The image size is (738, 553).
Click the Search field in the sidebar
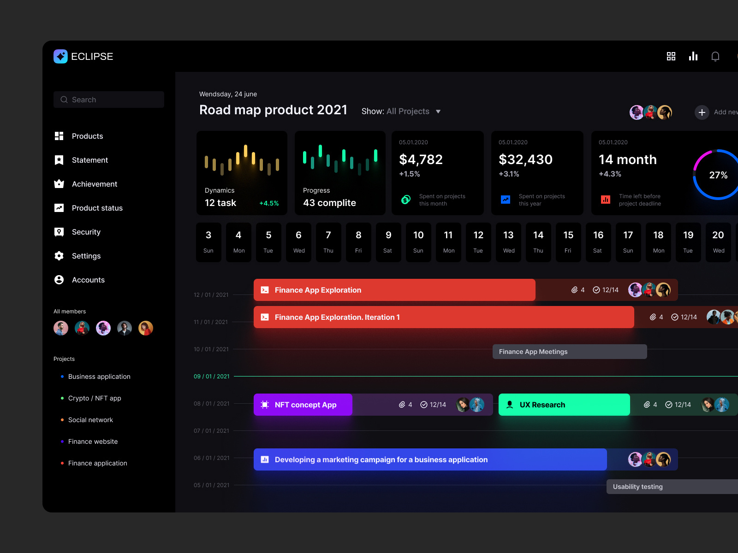click(109, 100)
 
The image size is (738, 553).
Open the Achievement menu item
click(94, 184)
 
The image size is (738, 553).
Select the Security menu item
click(86, 232)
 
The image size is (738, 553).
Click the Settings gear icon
click(59, 256)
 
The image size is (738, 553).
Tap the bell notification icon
click(715, 56)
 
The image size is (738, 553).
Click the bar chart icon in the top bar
click(693, 56)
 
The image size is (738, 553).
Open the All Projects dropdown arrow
click(438, 112)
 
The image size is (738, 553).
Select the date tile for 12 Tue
click(478, 242)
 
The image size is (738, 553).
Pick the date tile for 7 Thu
click(328, 242)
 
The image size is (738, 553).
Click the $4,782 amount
click(421, 159)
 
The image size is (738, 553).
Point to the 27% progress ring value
click(718, 175)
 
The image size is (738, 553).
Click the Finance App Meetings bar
click(569, 352)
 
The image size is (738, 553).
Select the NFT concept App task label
click(305, 405)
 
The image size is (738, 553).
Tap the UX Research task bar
click(564, 405)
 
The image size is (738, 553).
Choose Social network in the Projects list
click(90, 420)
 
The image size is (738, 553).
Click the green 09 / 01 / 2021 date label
click(211, 377)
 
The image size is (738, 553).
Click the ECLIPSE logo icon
click(60, 56)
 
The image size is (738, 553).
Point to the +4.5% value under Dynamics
click(269, 203)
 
